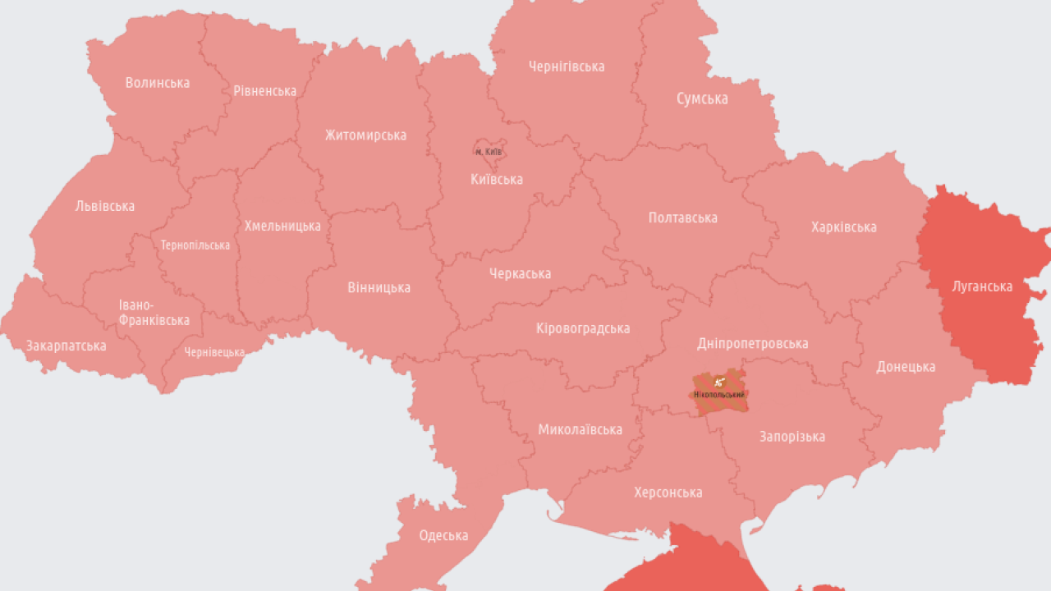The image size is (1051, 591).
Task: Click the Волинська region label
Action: [158, 83]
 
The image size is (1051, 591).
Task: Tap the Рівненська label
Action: [264, 91]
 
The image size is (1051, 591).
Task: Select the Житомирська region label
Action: [365, 135]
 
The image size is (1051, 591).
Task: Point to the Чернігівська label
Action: [567, 66]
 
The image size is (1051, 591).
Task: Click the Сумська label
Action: [702, 98]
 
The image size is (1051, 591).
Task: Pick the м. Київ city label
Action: [489, 152]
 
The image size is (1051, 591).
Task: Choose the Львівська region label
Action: [105, 206]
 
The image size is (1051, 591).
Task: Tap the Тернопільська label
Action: [195, 245]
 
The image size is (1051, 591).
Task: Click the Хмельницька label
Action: [282, 226]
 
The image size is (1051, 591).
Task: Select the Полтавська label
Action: [682, 218]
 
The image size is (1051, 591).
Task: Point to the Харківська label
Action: [843, 227]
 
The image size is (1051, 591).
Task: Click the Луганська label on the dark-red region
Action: [982, 286]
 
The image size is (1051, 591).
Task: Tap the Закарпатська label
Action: [67, 346]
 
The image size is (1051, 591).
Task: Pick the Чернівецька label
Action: [214, 352]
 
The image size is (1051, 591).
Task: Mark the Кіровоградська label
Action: [583, 328]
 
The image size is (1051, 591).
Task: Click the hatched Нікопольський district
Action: [719, 392]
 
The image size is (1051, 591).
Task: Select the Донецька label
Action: [906, 367]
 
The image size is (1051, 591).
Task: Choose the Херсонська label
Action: [668, 492]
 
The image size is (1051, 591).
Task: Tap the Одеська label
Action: [443, 536]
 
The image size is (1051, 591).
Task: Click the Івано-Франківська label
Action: [154, 313]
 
